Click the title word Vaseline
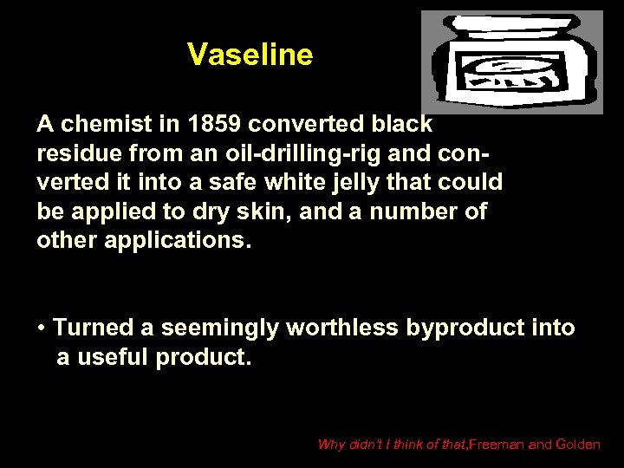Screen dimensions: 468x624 pos(250,55)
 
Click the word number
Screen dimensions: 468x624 pos(401,211)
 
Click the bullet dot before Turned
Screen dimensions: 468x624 pos(42,328)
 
